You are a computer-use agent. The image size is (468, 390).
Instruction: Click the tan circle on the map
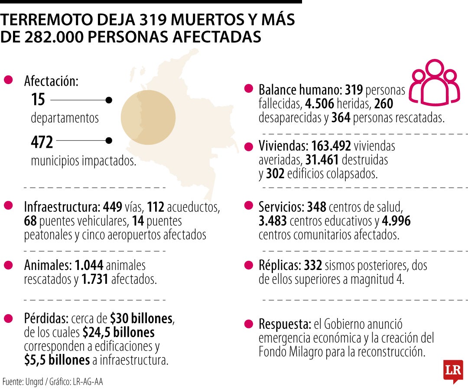click(x=148, y=117)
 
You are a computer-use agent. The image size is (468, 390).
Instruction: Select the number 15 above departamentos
click(x=38, y=99)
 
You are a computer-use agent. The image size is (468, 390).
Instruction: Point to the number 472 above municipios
click(x=42, y=142)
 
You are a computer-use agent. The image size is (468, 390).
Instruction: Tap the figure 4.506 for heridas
click(x=320, y=104)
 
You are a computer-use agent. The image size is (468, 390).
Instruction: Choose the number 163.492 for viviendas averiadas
click(x=331, y=146)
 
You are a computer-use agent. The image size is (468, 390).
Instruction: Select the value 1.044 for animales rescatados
click(x=89, y=265)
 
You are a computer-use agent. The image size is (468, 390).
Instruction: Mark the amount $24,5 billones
click(x=118, y=332)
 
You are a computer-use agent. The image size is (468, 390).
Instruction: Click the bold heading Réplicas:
click(x=280, y=265)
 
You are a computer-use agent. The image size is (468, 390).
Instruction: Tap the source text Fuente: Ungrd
click(x=23, y=381)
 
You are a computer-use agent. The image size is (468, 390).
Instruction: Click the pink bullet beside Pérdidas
click(x=8, y=318)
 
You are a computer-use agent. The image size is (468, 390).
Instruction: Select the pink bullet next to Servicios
click(x=248, y=205)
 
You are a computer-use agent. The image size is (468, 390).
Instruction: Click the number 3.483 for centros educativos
click(x=273, y=221)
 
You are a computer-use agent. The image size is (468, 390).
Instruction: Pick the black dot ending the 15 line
click(x=109, y=100)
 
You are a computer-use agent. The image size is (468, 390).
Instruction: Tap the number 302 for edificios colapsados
click(x=275, y=173)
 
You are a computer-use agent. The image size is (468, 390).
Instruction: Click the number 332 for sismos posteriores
click(x=313, y=265)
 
